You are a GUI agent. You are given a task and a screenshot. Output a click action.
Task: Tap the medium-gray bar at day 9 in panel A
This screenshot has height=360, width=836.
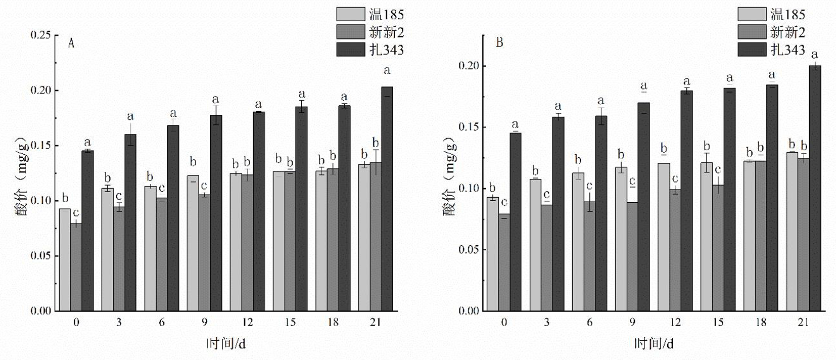tap(204, 252)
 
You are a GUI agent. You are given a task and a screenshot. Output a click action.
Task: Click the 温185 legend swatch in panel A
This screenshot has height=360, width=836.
tap(350, 14)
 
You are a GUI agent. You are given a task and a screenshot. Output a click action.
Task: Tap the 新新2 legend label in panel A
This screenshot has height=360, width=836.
tap(386, 32)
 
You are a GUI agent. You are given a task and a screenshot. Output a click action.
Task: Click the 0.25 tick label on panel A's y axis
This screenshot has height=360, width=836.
tap(40, 35)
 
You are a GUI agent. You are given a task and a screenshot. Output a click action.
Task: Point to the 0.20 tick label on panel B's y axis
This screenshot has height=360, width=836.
tap(469, 66)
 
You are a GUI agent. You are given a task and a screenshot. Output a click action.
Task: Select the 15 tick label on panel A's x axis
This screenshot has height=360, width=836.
tap(290, 322)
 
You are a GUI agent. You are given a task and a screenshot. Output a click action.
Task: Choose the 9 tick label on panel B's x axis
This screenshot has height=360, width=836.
tap(632, 322)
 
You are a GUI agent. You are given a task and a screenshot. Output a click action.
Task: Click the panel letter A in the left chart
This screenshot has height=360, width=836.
tap(71, 43)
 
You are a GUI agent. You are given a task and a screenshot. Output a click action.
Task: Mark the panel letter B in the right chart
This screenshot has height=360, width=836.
tap(499, 43)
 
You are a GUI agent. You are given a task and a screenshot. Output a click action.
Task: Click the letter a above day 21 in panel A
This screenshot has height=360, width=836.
tap(387, 71)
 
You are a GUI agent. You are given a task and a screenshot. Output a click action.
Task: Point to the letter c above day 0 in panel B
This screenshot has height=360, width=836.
tap(504, 203)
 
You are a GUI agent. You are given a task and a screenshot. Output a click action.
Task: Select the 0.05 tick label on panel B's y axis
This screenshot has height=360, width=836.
tap(469, 250)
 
